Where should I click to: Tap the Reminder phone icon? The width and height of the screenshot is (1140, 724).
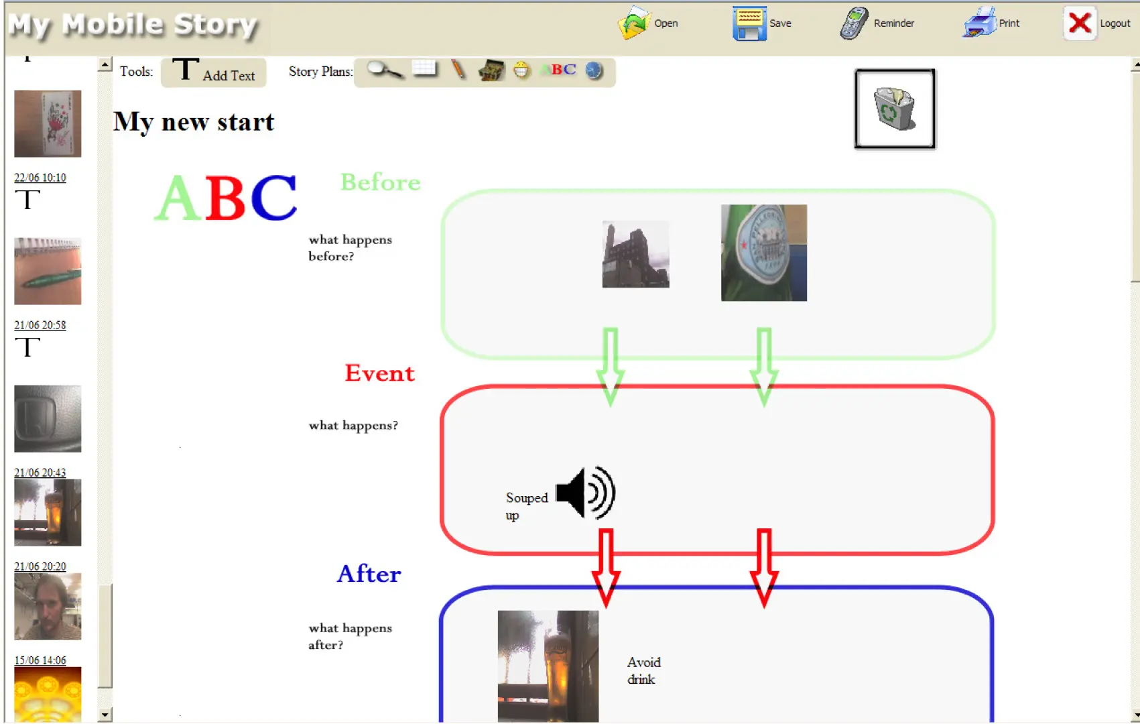pyautogui.click(x=853, y=23)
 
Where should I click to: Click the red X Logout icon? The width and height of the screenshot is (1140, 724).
pyautogui.click(x=1080, y=23)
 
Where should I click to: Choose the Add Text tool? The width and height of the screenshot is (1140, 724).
pyautogui.click(x=214, y=72)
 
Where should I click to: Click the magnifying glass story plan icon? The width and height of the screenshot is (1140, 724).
pyautogui.click(x=385, y=70)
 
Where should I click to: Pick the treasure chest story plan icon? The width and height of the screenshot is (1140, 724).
pyautogui.click(x=491, y=70)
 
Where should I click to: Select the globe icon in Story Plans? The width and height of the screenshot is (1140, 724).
pyautogui.click(x=593, y=70)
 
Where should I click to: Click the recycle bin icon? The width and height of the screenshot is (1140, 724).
pyautogui.click(x=895, y=109)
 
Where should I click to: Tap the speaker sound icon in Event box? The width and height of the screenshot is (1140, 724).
pyautogui.click(x=586, y=492)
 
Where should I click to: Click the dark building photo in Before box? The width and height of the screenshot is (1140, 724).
pyautogui.click(x=635, y=254)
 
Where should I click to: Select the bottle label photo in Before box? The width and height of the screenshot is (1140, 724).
pyautogui.click(x=764, y=253)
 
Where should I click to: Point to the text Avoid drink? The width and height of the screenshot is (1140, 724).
pyautogui.click(x=644, y=670)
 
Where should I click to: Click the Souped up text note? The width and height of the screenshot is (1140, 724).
pyautogui.click(x=527, y=506)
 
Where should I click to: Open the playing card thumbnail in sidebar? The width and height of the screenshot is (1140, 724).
pyautogui.click(x=48, y=124)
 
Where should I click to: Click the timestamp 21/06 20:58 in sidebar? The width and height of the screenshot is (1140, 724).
pyautogui.click(x=40, y=325)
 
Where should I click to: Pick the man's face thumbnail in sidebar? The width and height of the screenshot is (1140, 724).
pyautogui.click(x=48, y=607)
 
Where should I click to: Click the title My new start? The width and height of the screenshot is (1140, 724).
pyautogui.click(x=194, y=122)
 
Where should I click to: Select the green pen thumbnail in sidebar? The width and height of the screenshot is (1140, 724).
pyautogui.click(x=48, y=271)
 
